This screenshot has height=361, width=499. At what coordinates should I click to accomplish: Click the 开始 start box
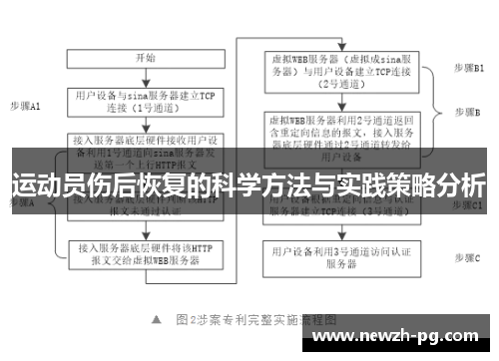[144, 59]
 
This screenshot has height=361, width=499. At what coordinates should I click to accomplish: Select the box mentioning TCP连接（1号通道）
[144, 101]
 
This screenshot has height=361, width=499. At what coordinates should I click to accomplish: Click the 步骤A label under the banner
[22, 202]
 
